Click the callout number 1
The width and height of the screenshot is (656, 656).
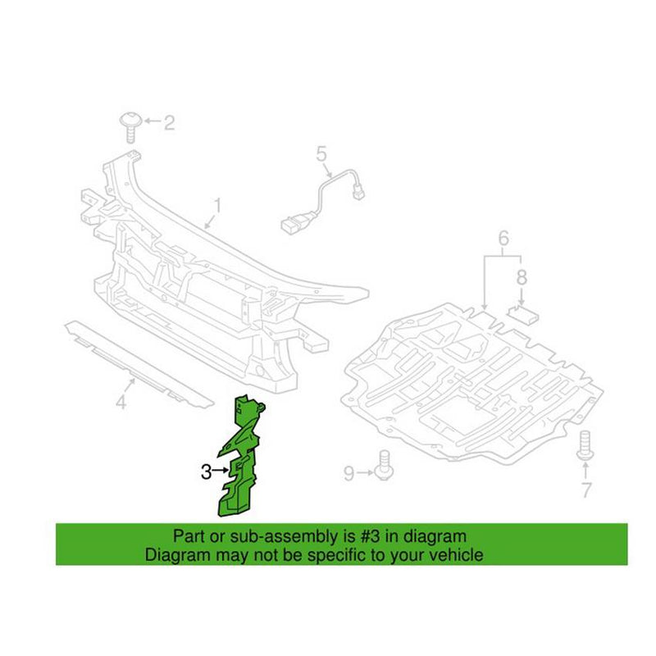[x=217, y=207]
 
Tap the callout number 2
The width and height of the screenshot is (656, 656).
[x=169, y=122]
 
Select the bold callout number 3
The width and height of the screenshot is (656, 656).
[x=206, y=472]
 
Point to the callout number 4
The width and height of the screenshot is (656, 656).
[x=121, y=403]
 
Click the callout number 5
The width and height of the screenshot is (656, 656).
[x=321, y=154]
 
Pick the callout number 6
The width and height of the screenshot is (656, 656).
[x=503, y=238]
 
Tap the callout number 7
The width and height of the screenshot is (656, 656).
[x=586, y=490]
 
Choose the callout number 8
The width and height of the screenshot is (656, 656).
[x=522, y=277]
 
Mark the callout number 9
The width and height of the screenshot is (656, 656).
[x=349, y=474]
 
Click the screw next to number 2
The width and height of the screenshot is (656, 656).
[x=130, y=126]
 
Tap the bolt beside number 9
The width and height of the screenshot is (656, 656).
[x=384, y=465]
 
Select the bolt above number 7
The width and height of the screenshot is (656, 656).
[x=585, y=446]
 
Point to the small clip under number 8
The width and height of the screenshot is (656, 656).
[x=523, y=315]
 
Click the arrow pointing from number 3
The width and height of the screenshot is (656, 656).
[x=221, y=471]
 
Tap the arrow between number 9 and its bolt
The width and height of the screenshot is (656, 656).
[x=365, y=473]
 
